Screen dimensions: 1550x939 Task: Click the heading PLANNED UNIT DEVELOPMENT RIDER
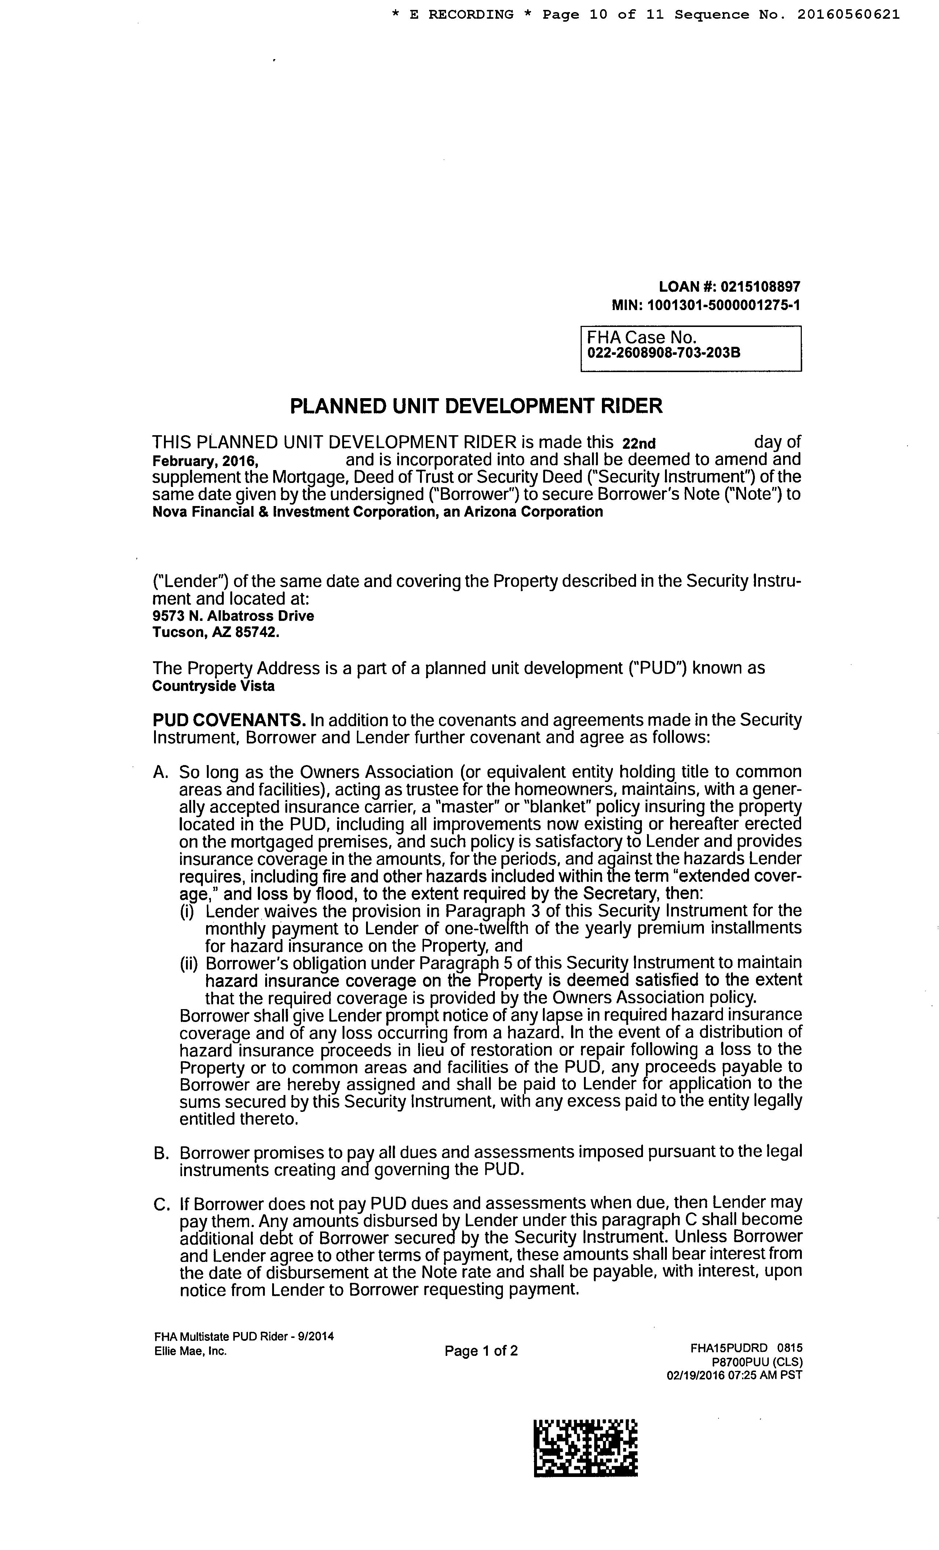pyautogui.click(x=476, y=406)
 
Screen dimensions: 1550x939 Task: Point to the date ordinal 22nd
pyautogui.click(x=639, y=444)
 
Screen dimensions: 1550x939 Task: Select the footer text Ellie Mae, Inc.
pyautogui.click(x=190, y=1351)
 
